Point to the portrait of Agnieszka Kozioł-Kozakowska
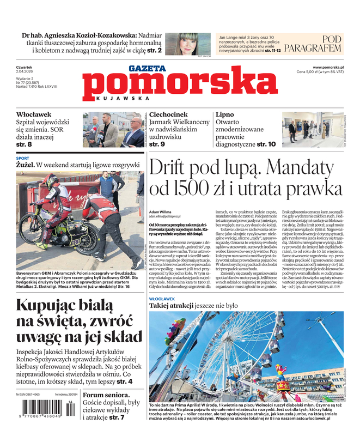(181, 44)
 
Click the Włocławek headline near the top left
(34, 114)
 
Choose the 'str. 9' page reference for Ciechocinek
(157, 144)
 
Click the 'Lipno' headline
(225, 114)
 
